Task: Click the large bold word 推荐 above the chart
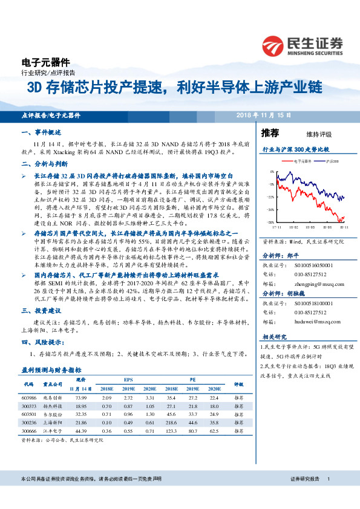pyautogui.click(x=270, y=133)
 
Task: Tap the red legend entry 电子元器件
pyautogui.click(x=302, y=161)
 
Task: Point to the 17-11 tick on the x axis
pyautogui.click(x=277, y=227)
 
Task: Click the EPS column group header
pyautogui.click(x=128, y=379)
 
